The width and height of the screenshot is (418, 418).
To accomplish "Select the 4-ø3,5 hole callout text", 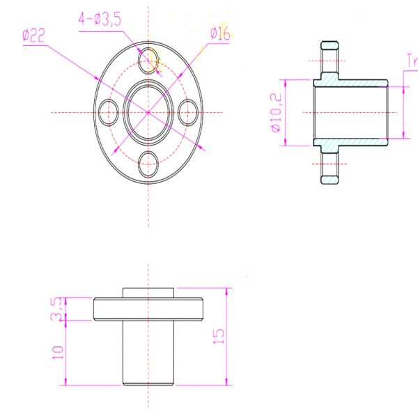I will (x=99, y=20).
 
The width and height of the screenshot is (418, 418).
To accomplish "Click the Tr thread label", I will (x=410, y=61).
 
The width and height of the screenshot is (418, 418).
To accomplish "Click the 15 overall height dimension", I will (x=219, y=336).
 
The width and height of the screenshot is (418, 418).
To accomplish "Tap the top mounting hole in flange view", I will (x=148, y=59).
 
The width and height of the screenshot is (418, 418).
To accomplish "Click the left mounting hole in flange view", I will (x=108, y=112).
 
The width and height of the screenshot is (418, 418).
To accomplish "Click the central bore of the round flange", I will (x=148, y=112).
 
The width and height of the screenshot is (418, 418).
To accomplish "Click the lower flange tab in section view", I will (x=329, y=167).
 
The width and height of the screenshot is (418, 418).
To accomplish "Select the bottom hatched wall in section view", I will (x=352, y=142).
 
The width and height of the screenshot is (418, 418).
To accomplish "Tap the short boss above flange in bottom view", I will (x=148, y=293).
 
